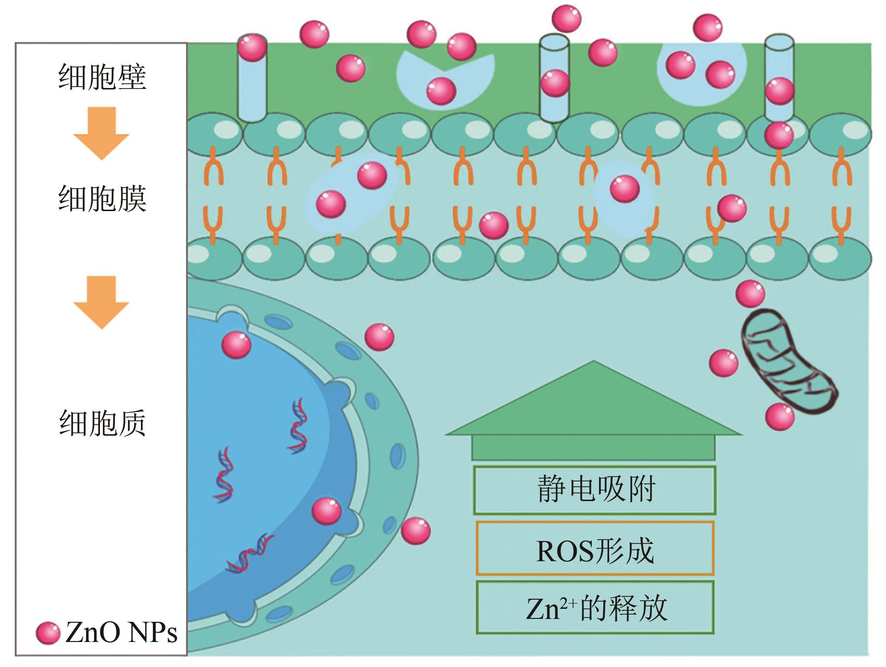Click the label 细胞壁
(102, 77)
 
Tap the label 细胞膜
(102, 199)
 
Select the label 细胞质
(102, 423)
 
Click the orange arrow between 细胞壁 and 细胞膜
(101, 133)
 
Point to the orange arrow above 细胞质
(101, 302)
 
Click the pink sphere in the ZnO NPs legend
(48, 633)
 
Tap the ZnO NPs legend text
(121, 633)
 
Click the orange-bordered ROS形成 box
(595, 549)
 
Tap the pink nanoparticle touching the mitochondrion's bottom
(779, 416)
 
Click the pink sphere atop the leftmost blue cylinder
(252, 47)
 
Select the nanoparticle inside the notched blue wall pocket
(441, 90)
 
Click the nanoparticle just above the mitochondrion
(750, 293)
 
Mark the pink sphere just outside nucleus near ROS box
(415, 531)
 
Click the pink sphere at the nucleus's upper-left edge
(236, 344)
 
